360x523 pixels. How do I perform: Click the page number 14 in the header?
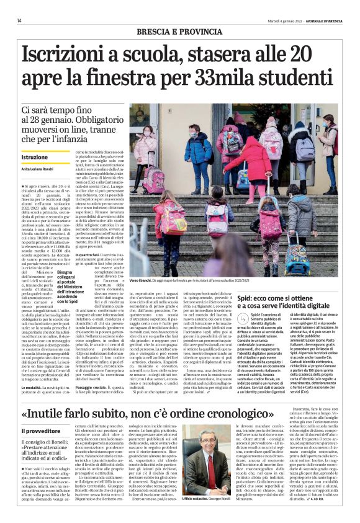coord(19,20)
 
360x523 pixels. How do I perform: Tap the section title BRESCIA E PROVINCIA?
coord(180,30)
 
